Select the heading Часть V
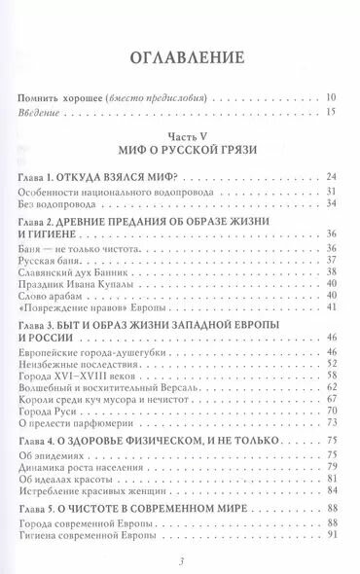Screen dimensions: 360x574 point(180,138)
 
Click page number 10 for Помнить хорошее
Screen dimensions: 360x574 point(331,98)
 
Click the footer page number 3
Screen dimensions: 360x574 point(180,561)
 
